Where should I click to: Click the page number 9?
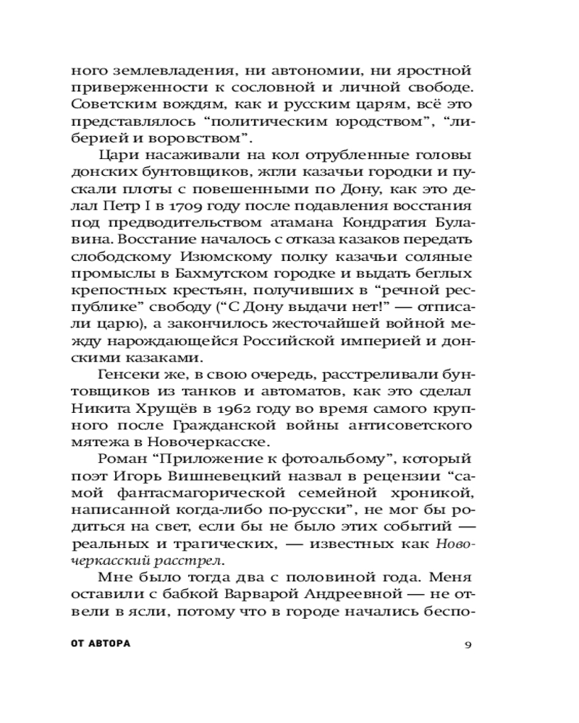coord(468,645)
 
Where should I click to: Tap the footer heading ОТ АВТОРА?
coord(101,644)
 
